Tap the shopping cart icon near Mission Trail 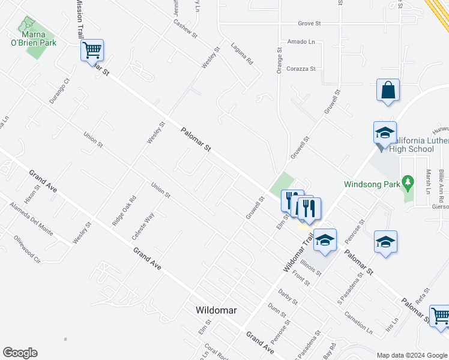tap(92, 50)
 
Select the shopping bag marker tap(388, 91)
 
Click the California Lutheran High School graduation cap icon tap(384, 133)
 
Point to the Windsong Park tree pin tap(409, 181)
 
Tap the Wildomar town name tap(216, 310)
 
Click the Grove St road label tap(310, 24)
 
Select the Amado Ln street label tap(301, 42)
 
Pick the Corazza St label tap(301, 69)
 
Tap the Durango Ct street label tap(60, 91)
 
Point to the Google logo tap(20, 353)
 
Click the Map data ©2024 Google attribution tap(411, 355)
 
